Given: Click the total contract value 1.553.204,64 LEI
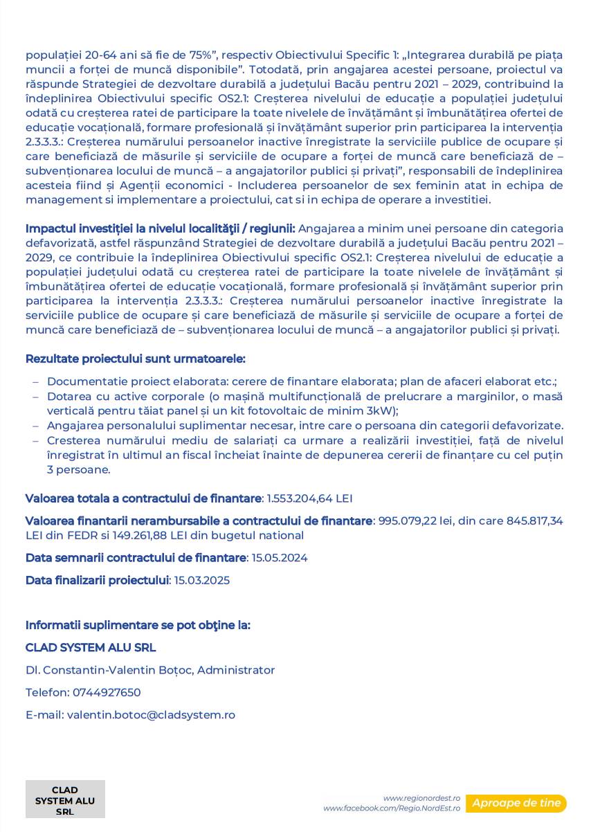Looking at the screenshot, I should click(x=310, y=498).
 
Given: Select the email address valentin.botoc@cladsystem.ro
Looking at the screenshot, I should click(x=151, y=714).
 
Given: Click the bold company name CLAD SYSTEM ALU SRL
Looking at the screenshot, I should click(x=91, y=647).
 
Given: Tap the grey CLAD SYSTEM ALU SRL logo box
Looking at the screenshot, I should click(x=65, y=800).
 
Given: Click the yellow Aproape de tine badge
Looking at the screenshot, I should click(x=516, y=803).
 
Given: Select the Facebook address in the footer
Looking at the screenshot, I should click(x=392, y=808).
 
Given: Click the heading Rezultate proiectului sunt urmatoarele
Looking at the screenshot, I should click(x=135, y=359).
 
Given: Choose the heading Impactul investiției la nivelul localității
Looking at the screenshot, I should click(x=161, y=228).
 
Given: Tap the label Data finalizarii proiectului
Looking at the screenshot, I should click(x=97, y=580).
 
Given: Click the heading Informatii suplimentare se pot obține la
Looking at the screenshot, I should click(x=138, y=625).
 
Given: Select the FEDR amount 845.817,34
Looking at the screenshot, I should click(x=535, y=521).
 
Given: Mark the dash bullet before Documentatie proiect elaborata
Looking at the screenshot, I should click(x=36, y=381).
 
